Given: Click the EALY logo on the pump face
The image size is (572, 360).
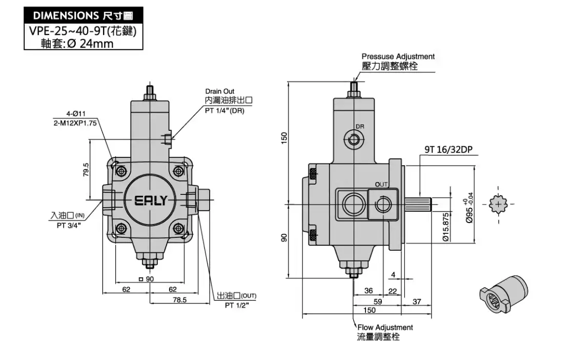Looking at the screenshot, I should [150, 200].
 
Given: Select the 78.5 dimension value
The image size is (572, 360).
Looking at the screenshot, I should [179, 299].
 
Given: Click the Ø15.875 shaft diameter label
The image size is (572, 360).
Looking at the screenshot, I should [446, 227].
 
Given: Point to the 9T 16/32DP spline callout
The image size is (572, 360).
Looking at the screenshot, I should [448, 150].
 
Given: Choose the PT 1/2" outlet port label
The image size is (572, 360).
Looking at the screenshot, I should [237, 305].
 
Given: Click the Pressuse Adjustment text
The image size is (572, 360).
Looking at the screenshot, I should [398, 56].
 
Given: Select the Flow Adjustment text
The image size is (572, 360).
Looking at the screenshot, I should [385, 327].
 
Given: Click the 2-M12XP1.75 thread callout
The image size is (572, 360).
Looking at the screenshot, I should [75, 123].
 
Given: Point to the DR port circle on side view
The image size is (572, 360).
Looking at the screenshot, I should [353, 138].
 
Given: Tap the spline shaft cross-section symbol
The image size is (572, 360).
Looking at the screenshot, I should [498, 204].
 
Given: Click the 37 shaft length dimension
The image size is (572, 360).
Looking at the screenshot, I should [416, 302].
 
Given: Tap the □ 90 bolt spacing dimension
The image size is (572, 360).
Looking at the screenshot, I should [147, 279].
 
